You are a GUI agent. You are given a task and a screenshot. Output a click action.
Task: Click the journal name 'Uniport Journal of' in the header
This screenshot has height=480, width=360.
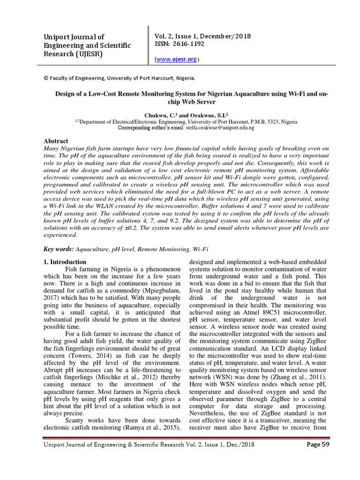[74, 37]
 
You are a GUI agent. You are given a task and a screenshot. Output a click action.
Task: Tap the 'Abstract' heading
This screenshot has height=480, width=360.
[56, 141]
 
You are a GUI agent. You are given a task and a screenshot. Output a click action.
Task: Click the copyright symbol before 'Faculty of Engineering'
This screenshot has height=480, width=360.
[45, 78]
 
